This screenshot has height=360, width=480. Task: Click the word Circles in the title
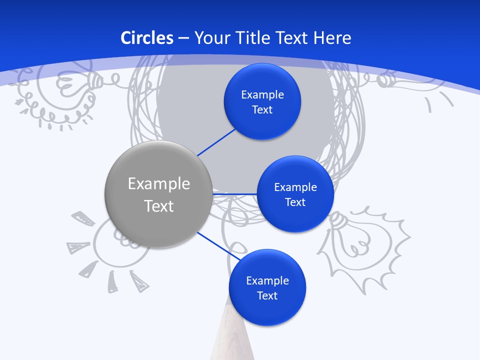point(147,38)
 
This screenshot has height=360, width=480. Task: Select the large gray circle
point(158,194)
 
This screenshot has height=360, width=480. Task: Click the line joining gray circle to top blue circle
point(216,142)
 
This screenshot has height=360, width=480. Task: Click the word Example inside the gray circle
point(158,184)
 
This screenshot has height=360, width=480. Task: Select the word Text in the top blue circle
point(262,110)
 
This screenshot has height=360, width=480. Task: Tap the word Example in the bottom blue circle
point(267,280)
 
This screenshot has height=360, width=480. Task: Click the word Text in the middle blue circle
point(295,202)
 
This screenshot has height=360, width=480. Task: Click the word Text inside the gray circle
point(158,206)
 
